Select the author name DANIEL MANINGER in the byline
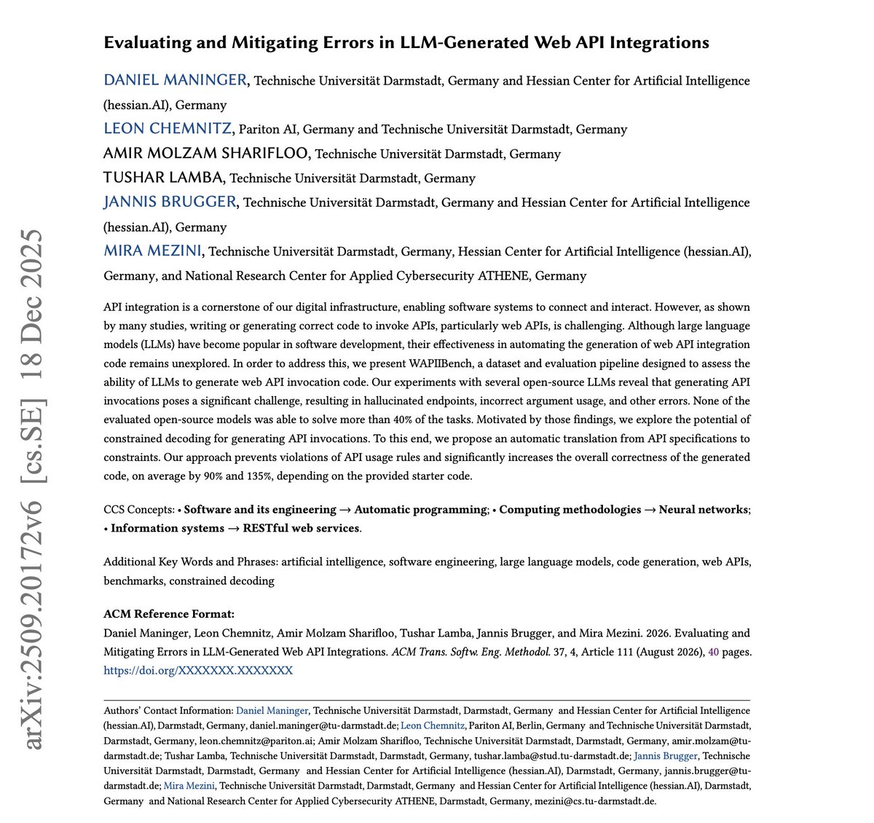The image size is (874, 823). [176, 80]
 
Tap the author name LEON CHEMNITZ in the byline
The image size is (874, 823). [168, 129]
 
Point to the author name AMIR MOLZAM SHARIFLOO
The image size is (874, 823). [207, 154]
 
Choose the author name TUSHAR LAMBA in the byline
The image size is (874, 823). [164, 178]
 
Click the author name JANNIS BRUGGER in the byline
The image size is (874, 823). [170, 202]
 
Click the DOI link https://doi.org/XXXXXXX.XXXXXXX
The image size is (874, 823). [198, 670]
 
